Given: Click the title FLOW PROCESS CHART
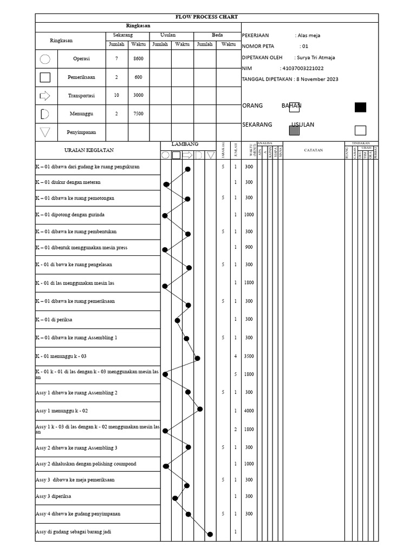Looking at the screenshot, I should [207, 17].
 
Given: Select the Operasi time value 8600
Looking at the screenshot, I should [138, 58].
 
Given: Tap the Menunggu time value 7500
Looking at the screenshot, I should [138, 114].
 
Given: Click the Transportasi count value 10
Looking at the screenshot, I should [116, 96].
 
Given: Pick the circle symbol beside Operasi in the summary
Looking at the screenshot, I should [45, 59].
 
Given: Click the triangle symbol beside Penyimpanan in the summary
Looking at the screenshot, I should [45, 132].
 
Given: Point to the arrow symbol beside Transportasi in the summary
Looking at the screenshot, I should [45, 96].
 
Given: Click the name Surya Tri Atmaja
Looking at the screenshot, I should [316, 57].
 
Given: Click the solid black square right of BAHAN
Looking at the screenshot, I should [360, 107].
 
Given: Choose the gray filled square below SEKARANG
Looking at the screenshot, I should [294, 130].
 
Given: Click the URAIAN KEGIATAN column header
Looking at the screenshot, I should [89, 150].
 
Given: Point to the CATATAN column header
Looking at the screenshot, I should [313, 150].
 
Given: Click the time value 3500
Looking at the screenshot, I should [249, 357].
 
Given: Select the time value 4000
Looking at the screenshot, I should [249, 411].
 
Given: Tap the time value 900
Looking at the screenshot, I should [249, 247].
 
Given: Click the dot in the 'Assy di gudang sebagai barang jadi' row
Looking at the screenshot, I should [210, 534].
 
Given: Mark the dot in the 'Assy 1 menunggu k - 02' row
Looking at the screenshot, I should [200, 409].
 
